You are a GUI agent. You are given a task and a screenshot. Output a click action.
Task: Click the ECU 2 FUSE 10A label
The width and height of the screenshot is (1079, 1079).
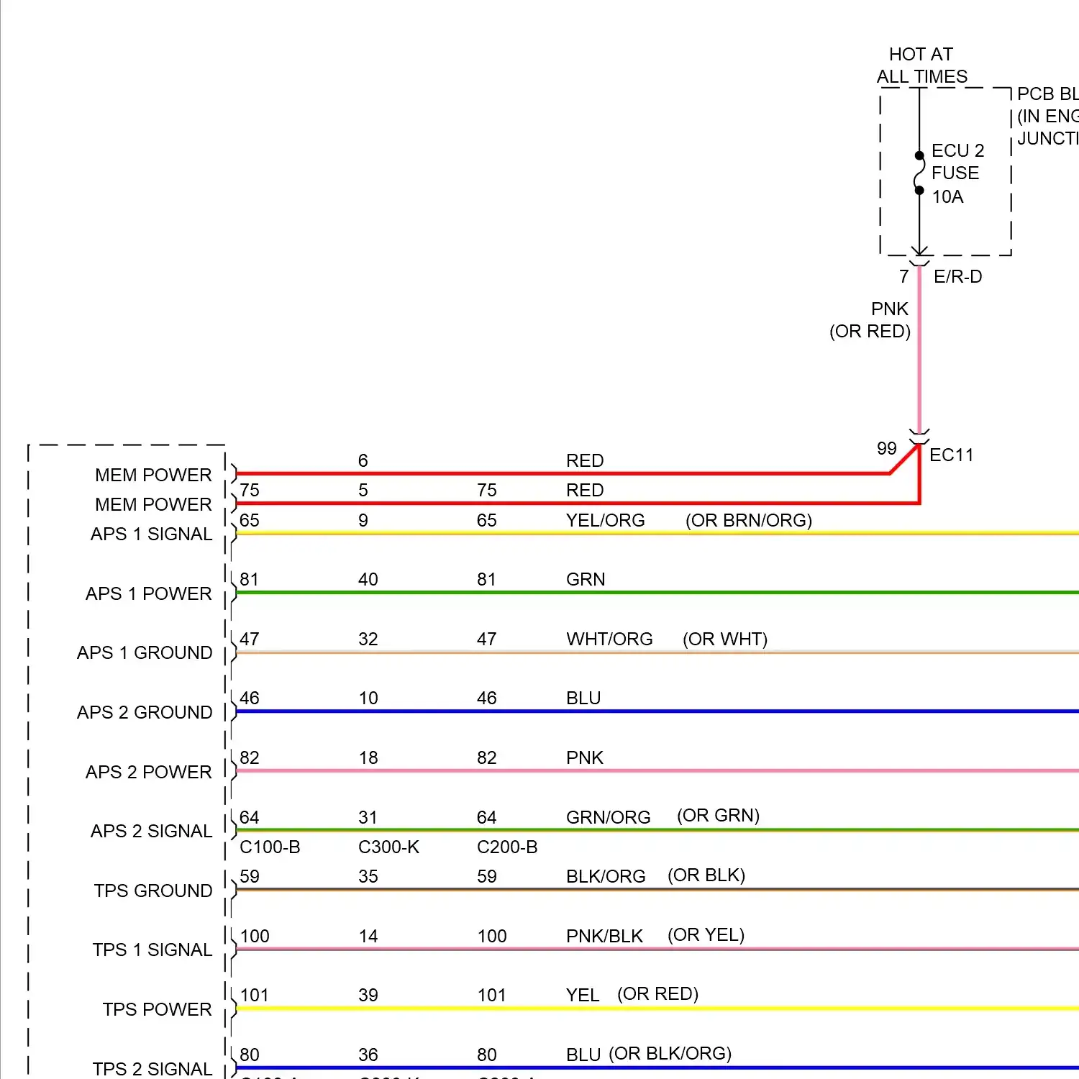(957, 173)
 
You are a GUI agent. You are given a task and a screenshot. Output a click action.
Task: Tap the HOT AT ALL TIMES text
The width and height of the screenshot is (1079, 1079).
(921, 65)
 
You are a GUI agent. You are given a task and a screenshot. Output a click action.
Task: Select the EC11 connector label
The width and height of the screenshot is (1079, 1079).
(951, 455)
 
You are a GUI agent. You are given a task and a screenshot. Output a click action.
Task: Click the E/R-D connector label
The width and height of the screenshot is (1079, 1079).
(957, 277)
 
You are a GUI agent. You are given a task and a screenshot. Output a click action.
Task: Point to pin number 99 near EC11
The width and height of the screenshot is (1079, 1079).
(886, 449)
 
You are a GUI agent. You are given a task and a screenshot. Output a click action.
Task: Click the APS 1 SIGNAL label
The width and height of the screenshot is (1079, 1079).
(151, 534)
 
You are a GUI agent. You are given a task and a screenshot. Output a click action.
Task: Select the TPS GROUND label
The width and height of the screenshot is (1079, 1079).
(153, 891)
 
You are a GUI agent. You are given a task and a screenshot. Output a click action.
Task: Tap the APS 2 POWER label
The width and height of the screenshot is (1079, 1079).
(149, 772)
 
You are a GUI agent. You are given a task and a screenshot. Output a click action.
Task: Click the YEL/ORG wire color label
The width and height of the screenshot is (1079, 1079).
(605, 521)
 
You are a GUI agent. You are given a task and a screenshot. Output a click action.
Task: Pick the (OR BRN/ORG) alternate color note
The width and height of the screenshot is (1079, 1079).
(748, 521)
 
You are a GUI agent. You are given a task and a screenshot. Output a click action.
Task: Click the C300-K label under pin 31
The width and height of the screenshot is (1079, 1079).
(388, 847)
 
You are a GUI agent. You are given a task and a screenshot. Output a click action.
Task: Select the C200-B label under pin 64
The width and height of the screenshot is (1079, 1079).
(507, 847)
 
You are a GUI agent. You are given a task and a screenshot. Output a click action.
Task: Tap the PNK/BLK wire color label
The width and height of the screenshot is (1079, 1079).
(604, 937)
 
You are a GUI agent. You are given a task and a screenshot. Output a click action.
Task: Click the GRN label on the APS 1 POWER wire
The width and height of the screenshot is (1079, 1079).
(586, 580)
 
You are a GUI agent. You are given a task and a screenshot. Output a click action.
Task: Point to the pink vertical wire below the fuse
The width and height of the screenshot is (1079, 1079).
(919, 360)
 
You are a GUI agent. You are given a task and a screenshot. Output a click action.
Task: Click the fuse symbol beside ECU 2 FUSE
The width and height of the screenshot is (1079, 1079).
(919, 173)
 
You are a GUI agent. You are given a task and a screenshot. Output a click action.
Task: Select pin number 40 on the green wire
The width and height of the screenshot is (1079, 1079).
(368, 580)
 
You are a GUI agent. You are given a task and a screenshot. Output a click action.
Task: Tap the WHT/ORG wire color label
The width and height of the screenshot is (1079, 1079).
(609, 639)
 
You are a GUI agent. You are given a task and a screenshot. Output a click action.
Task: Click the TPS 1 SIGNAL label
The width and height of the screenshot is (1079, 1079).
(152, 950)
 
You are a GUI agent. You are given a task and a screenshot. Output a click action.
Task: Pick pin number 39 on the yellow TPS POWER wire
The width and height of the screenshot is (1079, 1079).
(368, 996)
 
